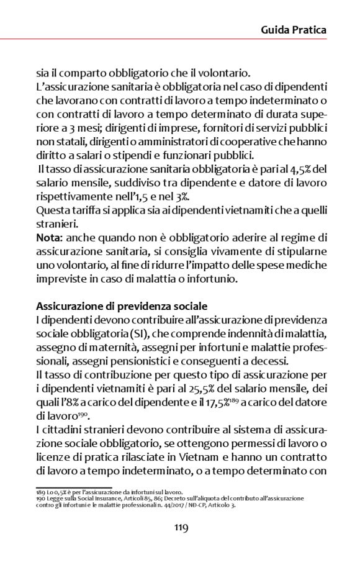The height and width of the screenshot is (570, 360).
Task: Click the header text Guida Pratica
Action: (x=293, y=29)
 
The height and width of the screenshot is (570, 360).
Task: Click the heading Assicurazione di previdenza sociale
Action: (x=122, y=306)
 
